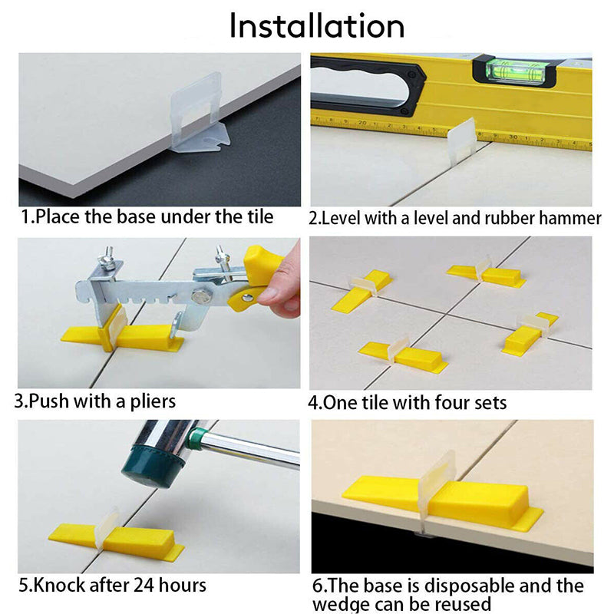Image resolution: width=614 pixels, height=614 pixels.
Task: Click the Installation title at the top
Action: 316,25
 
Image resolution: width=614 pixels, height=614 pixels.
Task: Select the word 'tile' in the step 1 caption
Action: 260,216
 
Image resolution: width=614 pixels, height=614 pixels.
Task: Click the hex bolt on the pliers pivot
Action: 201,295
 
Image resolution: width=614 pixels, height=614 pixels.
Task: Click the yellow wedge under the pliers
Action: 122,336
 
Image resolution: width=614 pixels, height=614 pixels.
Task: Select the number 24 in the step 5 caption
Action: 144,586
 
